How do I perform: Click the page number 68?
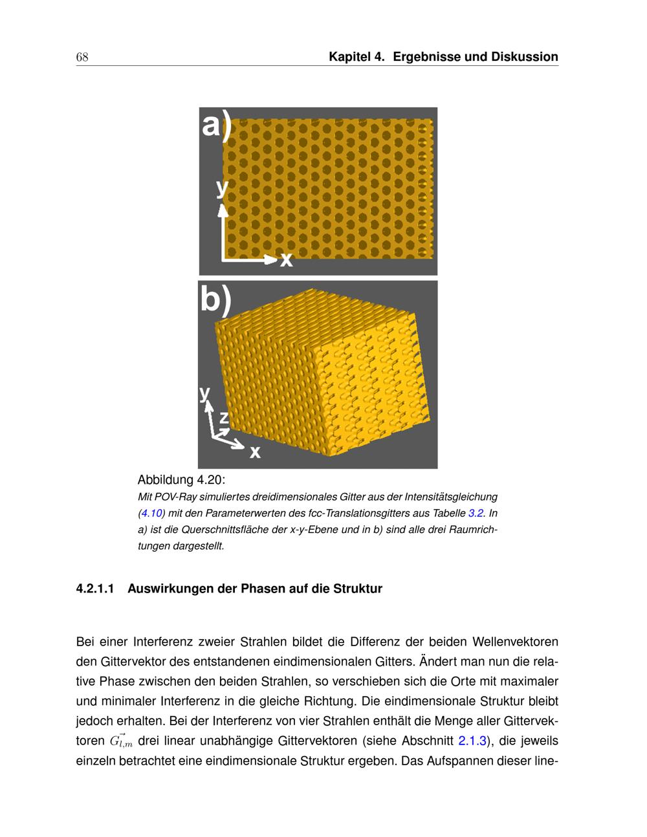tap(82, 57)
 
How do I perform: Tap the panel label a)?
tap(215, 125)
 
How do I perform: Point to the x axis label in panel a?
tap(286, 260)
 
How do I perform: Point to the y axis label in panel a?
tap(222, 188)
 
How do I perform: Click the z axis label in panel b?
tap(223, 417)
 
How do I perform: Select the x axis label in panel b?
tap(256, 451)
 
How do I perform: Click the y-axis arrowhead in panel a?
tap(223, 210)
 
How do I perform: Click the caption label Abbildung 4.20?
tap(181, 480)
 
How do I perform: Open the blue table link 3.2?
tap(476, 514)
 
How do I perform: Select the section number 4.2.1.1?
tap(95, 589)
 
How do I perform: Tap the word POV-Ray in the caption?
tap(173, 497)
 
